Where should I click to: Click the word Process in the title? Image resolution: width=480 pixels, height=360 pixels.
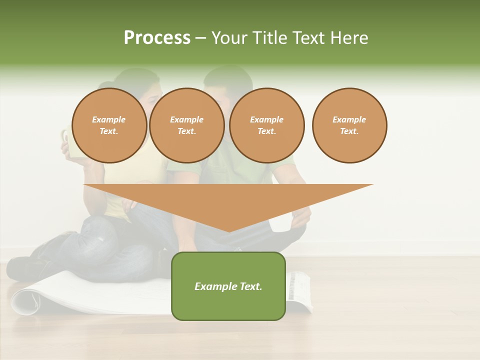[x=157, y=38]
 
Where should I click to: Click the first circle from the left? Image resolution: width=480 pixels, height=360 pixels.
[x=109, y=125]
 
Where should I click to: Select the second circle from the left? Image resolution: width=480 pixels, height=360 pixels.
[x=186, y=125]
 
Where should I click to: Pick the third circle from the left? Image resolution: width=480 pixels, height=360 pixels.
[x=266, y=125]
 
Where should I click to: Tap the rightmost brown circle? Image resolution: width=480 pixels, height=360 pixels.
[x=349, y=125]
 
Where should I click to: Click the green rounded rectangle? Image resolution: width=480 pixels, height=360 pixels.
[x=228, y=286]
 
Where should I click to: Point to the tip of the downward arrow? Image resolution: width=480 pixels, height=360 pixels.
[x=228, y=231]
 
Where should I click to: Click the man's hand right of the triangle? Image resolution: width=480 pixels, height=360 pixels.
[x=301, y=216]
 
